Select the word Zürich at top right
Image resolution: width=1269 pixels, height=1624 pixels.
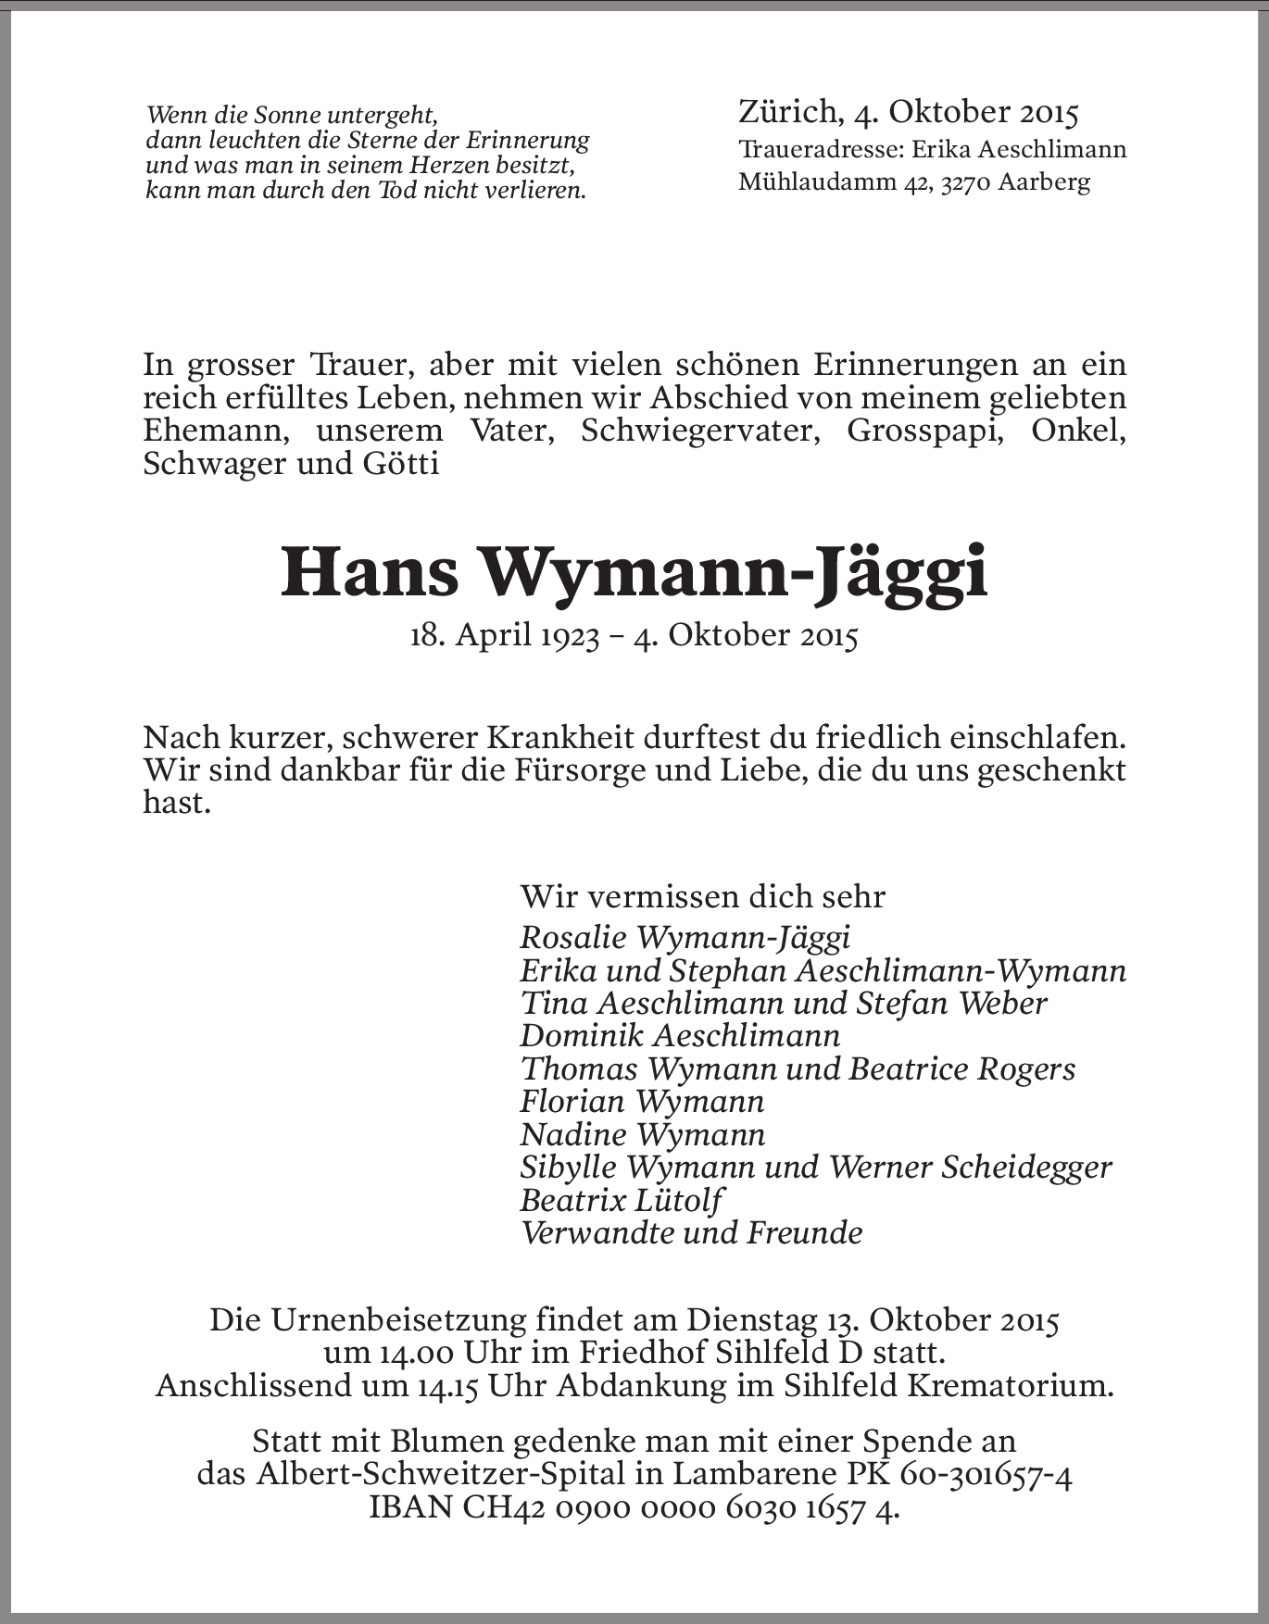tap(786, 112)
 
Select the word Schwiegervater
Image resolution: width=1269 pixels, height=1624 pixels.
tap(700, 431)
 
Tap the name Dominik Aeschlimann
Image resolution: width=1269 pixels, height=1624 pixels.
tap(680, 1036)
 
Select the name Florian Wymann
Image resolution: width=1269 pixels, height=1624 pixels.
tap(642, 1102)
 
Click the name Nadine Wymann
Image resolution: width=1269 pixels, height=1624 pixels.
tap(642, 1135)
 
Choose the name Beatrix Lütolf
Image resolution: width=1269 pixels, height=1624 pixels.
tap(621, 1201)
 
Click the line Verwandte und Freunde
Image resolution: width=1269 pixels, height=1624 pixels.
tap(691, 1233)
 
